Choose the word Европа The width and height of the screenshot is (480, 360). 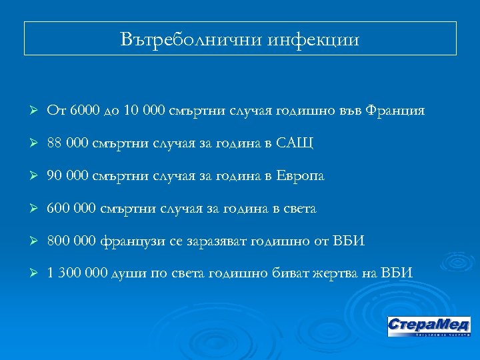tap(301, 175)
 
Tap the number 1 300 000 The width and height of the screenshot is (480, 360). tap(77, 273)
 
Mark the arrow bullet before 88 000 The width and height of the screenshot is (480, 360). tap(31, 143)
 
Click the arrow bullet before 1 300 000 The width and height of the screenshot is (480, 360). tap(31, 273)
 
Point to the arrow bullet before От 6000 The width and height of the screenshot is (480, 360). tap(31, 110)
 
